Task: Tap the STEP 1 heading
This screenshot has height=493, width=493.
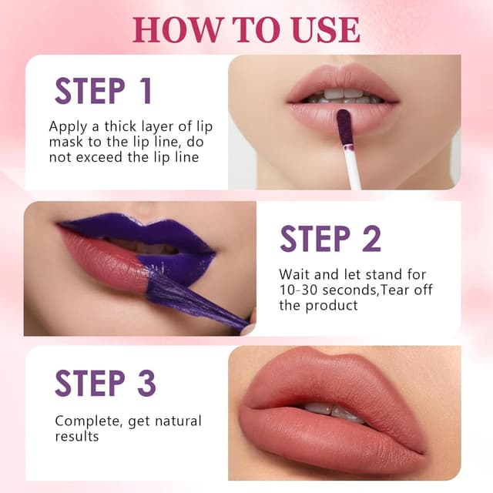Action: (x=103, y=90)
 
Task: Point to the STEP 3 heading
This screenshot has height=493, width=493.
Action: (x=106, y=383)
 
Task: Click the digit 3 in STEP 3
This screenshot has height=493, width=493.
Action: (x=146, y=383)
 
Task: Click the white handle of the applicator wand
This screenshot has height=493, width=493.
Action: (x=354, y=169)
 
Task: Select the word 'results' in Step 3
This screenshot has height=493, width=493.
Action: (x=77, y=437)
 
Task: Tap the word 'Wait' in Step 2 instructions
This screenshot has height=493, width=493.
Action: (x=295, y=273)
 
